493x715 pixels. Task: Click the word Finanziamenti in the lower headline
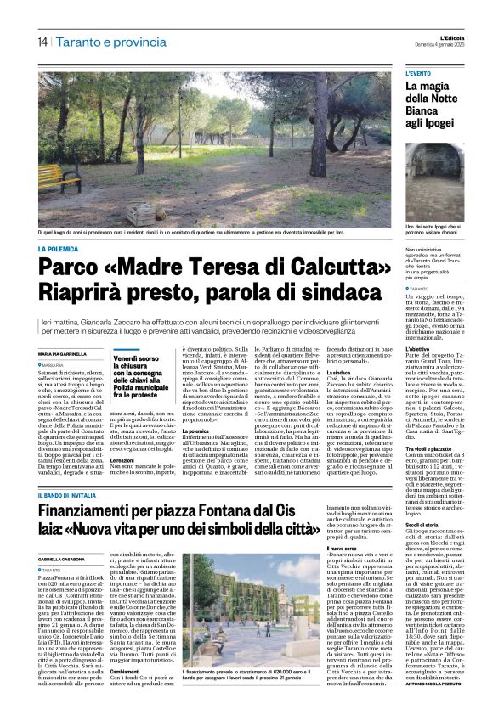(x=100, y=487)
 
